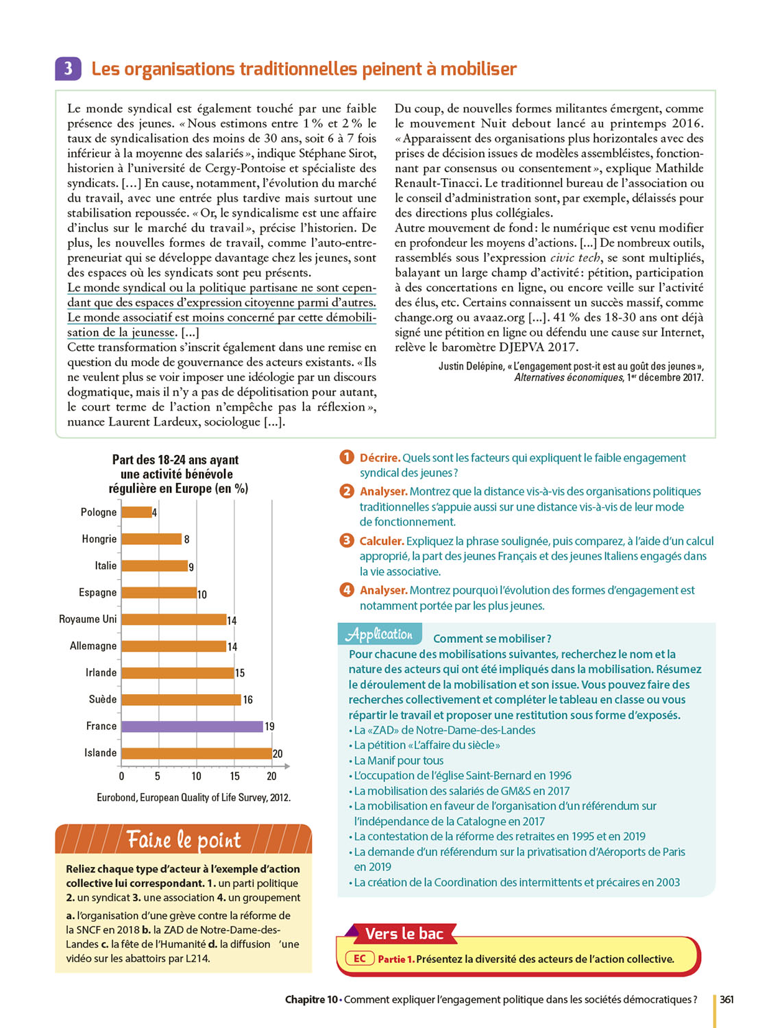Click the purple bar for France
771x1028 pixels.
click(x=193, y=726)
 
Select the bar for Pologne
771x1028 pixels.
click(x=136, y=512)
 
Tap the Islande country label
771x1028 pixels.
click(x=100, y=752)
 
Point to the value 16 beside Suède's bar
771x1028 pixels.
click(x=248, y=700)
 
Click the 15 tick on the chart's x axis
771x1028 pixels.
click(x=234, y=776)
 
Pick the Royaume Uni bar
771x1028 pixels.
click(x=174, y=620)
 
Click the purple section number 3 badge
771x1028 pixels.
click(x=68, y=69)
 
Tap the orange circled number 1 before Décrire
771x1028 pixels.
click(x=347, y=457)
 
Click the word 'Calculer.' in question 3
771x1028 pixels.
click(x=382, y=541)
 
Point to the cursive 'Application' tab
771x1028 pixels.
click(x=380, y=634)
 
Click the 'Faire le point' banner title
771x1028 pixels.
click(x=184, y=840)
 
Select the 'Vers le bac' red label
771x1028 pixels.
click(x=404, y=933)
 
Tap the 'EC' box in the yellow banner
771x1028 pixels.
click(x=360, y=959)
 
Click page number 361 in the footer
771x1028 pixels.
click(x=726, y=999)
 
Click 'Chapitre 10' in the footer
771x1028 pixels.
click(x=311, y=999)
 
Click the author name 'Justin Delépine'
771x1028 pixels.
click(x=471, y=366)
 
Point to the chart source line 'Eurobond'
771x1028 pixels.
click(x=193, y=797)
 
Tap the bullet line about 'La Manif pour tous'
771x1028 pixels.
click(x=398, y=760)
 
